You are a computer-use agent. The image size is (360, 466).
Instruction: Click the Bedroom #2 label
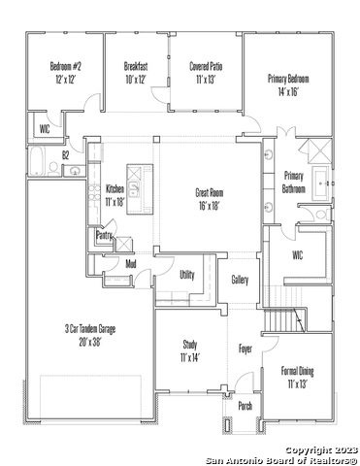(x=66, y=66)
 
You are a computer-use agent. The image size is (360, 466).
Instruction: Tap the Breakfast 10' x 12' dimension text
(x=136, y=80)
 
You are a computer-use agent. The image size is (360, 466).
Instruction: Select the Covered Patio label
(x=206, y=66)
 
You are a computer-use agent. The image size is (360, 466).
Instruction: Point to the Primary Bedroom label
(x=288, y=79)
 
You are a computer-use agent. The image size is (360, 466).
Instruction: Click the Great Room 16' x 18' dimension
(x=210, y=206)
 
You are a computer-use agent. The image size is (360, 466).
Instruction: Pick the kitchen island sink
(x=133, y=188)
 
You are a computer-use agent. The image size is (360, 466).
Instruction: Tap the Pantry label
(x=104, y=236)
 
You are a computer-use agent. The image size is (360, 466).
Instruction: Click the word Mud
(x=131, y=264)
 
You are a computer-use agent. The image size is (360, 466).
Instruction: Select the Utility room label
(x=187, y=275)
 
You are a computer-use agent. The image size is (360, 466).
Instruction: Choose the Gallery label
(x=240, y=280)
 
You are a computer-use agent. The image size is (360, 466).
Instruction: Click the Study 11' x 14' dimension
(x=190, y=357)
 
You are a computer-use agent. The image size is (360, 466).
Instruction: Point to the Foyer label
(x=245, y=349)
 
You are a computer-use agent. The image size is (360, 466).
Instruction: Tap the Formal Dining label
(x=297, y=371)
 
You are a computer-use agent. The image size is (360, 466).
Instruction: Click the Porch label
(x=245, y=406)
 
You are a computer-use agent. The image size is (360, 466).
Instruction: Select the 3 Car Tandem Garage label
(x=90, y=329)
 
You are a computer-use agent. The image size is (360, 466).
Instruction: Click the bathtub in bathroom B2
(x=37, y=161)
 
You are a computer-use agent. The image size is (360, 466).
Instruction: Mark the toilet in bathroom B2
(x=53, y=168)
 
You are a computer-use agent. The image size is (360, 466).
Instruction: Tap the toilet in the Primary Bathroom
(x=322, y=215)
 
